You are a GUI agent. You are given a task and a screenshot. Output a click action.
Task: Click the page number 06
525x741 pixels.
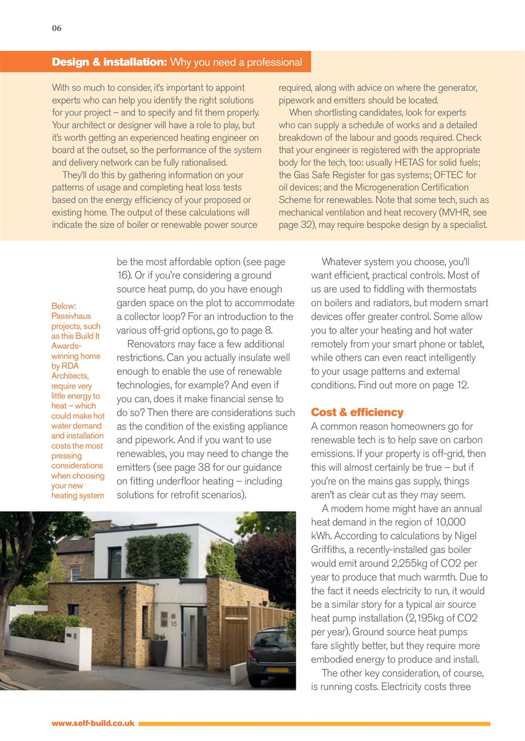coord(56,28)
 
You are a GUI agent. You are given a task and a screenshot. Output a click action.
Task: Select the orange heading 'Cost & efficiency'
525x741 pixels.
coord(357,412)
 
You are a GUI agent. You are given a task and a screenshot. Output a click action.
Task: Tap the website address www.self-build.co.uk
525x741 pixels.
coord(93,723)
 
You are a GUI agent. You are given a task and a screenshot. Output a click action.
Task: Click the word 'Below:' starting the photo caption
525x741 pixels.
coord(64,306)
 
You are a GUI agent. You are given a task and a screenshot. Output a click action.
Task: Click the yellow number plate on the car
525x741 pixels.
coord(280,670)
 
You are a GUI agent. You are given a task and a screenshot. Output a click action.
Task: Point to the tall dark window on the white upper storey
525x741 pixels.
coord(115,562)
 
